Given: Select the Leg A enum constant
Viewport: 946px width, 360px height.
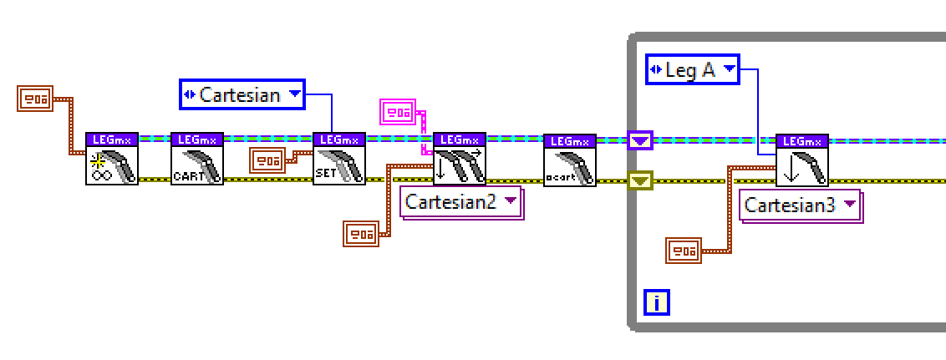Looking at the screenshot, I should [x=693, y=70].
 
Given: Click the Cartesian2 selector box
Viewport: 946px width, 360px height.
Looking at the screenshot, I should [x=462, y=202].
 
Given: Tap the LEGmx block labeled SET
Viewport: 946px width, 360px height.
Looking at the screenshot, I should [x=339, y=160].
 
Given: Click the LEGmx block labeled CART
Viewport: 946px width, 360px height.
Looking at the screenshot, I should [x=197, y=160].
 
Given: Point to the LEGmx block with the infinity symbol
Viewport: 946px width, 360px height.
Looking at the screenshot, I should [x=112, y=160].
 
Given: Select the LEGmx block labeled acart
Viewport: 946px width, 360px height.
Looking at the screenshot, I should [x=570, y=160].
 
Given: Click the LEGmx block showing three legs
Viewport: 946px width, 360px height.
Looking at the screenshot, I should [x=460, y=160].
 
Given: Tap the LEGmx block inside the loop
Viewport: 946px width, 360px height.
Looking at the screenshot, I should [x=802, y=160].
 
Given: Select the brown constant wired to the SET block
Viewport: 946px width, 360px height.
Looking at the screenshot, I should [x=267, y=160].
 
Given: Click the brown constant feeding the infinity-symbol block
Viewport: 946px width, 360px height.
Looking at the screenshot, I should [x=34, y=99].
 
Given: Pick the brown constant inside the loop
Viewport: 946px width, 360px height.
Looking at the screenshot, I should [x=683, y=251].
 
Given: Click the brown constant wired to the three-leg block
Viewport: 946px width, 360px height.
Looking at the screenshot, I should [x=361, y=234].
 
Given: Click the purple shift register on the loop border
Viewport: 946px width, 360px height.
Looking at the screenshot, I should [x=640, y=140].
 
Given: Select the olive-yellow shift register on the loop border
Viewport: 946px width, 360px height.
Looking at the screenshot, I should [x=640, y=180].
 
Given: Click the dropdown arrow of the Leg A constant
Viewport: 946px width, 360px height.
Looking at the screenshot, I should [x=730, y=70].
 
